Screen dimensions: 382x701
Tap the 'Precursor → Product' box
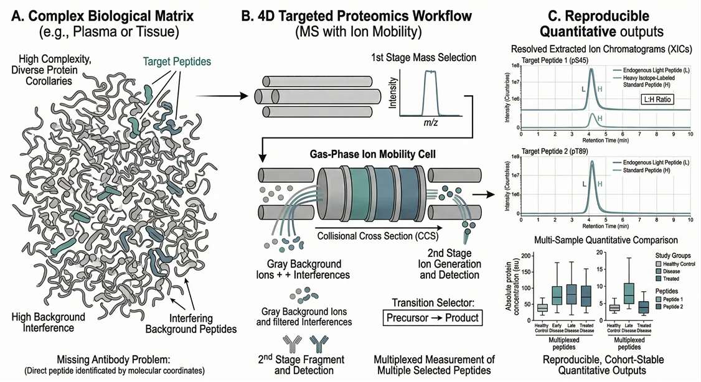coord(429,318)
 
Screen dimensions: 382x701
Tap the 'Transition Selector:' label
coord(429,302)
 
